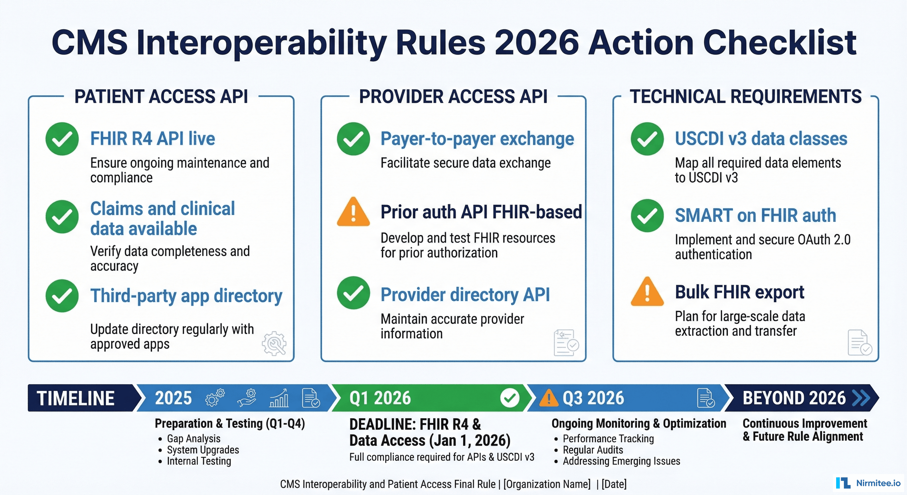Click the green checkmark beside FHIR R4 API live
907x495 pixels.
pyautogui.click(x=62, y=139)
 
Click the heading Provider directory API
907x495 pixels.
pyautogui.click(x=465, y=295)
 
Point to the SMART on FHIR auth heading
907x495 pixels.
pyautogui.click(x=755, y=215)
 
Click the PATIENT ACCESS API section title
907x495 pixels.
pyautogui.click(x=161, y=97)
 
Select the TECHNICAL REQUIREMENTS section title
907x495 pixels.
pyautogui.click(x=746, y=97)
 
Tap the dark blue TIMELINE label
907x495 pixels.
pyautogui.click(x=76, y=398)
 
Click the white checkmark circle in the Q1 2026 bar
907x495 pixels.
pyautogui.click(x=510, y=398)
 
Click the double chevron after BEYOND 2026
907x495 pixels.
pyautogui.click(x=861, y=398)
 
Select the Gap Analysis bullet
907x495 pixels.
pyautogui.click(x=193, y=439)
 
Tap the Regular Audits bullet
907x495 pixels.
pyautogui.click(x=593, y=450)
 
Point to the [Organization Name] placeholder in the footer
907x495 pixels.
pyautogui.click(x=547, y=484)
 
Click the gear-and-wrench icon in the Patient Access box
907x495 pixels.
pyautogui.click(x=274, y=343)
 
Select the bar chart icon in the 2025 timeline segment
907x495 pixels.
pyautogui.click(x=279, y=398)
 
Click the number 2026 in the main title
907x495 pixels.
pyautogui.click(x=537, y=42)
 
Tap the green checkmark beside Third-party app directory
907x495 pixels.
pyautogui.click(x=62, y=296)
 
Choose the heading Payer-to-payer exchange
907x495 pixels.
pyautogui.click(x=477, y=139)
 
